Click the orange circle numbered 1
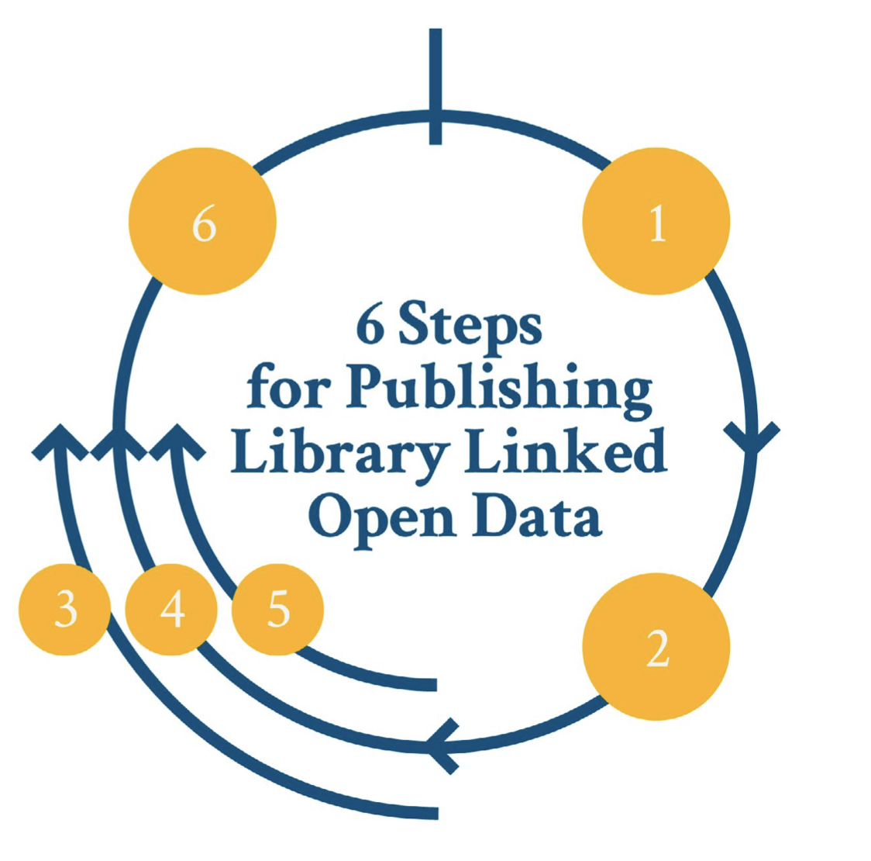point(656,222)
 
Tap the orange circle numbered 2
point(656,647)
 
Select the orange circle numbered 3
point(65,610)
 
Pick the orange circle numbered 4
point(172,610)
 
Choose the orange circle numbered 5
point(277,610)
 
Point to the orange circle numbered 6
point(202,222)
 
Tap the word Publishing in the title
point(499,389)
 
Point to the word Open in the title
point(381,518)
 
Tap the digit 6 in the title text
point(370,326)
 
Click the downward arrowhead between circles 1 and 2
point(751,438)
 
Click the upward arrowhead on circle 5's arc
point(177,440)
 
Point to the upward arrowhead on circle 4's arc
point(118,440)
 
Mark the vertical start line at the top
point(435,85)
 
